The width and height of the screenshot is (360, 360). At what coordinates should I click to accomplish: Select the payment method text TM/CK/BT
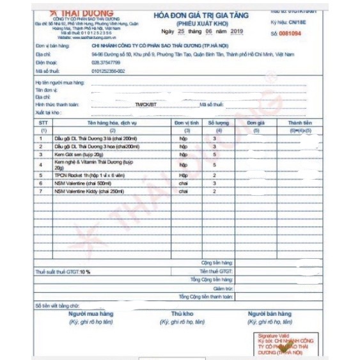point(145,104)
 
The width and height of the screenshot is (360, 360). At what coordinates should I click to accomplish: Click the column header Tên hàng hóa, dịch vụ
point(106,121)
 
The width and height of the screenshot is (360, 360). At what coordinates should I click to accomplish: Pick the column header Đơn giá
point(256,121)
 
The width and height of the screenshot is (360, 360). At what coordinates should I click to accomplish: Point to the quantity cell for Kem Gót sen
point(214,155)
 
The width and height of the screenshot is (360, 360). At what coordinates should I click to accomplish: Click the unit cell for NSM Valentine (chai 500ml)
point(183,182)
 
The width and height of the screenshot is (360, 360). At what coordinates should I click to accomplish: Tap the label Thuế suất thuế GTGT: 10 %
point(63,272)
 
